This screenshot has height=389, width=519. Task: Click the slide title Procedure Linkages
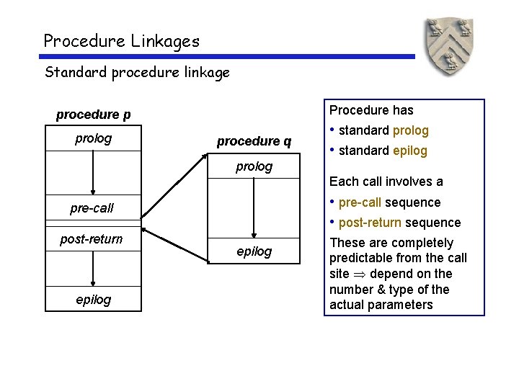coord(121,41)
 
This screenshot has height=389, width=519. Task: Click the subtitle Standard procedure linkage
coord(137,72)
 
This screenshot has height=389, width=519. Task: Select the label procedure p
coord(94,115)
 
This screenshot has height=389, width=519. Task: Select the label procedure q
coord(254,141)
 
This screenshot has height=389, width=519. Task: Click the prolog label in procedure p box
coord(94,138)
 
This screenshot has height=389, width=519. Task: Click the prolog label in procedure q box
coord(254,166)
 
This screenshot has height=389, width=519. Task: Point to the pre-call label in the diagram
coord(92,209)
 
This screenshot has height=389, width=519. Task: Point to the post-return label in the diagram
coord(92,239)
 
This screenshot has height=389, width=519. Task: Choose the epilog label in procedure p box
coord(94,299)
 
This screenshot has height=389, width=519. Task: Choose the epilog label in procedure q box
coord(254,251)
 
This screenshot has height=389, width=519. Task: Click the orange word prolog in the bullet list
coord(410,130)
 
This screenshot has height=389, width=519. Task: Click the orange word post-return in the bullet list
coord(369,223)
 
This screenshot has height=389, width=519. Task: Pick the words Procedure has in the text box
coord(371,110)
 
